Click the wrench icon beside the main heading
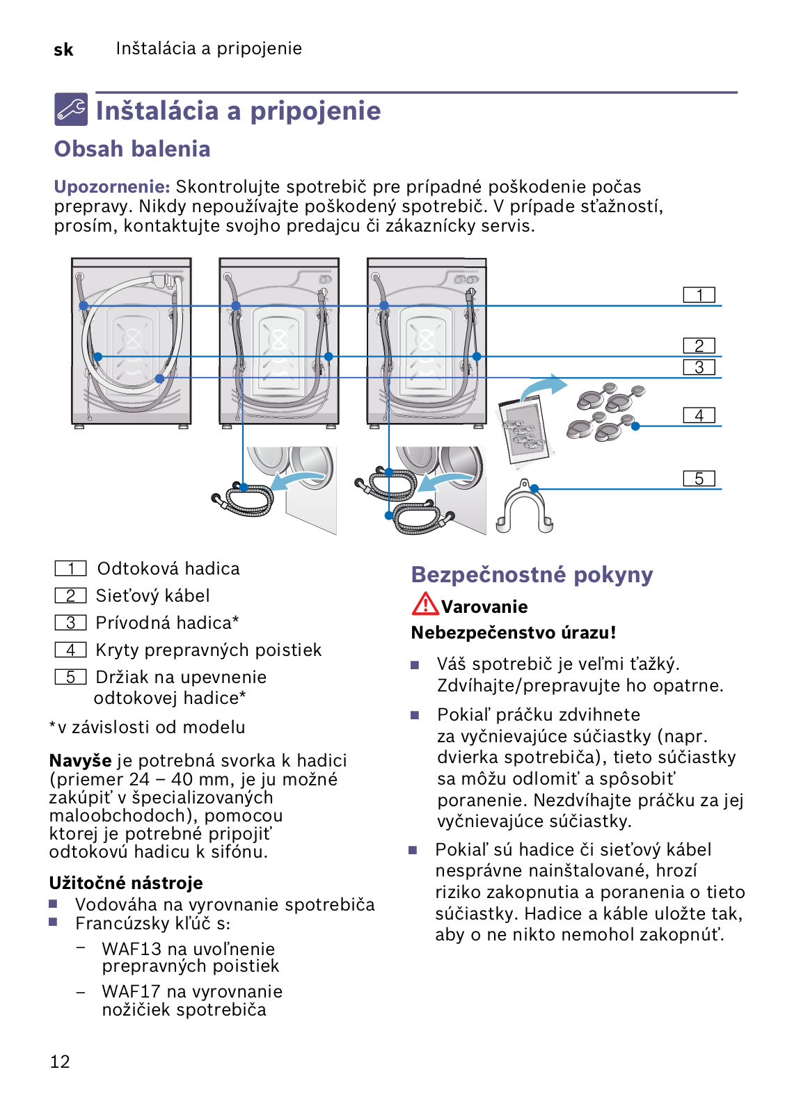[71, 109]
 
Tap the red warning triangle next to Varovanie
[425, 604]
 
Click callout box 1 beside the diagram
[699, 295]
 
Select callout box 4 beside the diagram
[699, 415]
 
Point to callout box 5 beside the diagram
[699, 479]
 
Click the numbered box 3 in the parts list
[71, 623]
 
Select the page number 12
[60, 1062]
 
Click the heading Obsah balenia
[132, 149]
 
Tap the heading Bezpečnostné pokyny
[532, 575]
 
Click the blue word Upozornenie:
[112, 186]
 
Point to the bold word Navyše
[80, 760]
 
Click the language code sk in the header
[63, 49]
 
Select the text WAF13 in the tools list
[131, 949]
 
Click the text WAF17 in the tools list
[131, 991]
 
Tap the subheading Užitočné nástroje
[126, 883]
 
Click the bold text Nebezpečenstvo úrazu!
[514, 632]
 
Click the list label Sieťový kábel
[152, 595]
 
